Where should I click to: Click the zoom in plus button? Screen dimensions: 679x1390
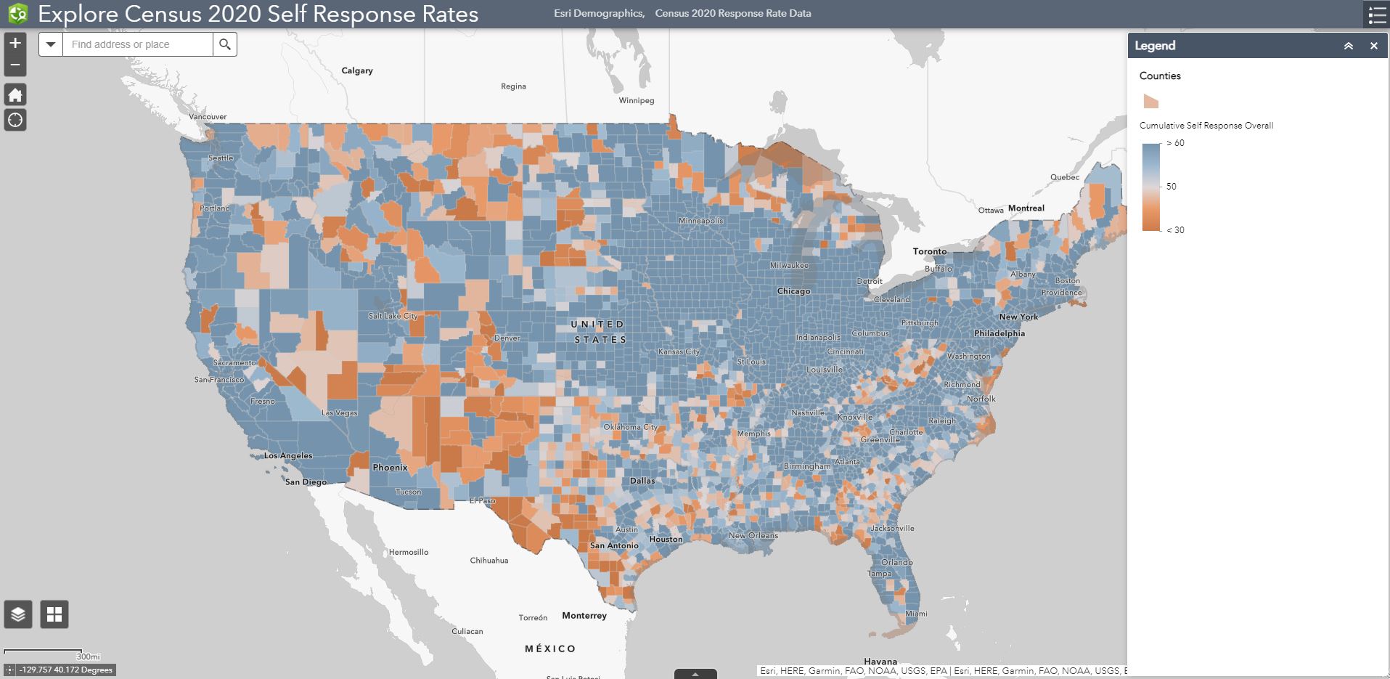point(15,43)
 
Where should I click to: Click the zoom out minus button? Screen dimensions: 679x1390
point(15,65)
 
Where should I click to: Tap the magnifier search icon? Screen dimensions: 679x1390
point(225,44)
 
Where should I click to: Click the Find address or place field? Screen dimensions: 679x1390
point(138,44)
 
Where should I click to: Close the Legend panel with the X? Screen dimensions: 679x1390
point(1373,46)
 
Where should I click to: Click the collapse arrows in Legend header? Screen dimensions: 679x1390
point(1348,46)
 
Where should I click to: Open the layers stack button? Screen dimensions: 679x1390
point(18,614)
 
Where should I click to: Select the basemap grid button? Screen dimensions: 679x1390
point(54,614)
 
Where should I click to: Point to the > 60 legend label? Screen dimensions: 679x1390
point(1175,143)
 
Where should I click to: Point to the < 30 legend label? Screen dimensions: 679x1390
point(1175,230)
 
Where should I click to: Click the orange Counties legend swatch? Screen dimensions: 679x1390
point(1150,101)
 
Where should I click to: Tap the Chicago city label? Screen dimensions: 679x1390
point(793,291)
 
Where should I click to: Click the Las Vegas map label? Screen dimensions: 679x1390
point(339,412)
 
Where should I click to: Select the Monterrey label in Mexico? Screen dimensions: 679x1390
point(584,616)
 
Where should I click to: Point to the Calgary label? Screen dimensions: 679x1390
point(357,70)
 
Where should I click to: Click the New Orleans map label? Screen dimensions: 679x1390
point(753,536)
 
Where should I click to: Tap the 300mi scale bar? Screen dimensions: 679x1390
point(44,653)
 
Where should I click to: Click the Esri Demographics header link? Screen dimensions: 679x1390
point(598,13)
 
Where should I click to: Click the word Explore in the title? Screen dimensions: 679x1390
point(78,14)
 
